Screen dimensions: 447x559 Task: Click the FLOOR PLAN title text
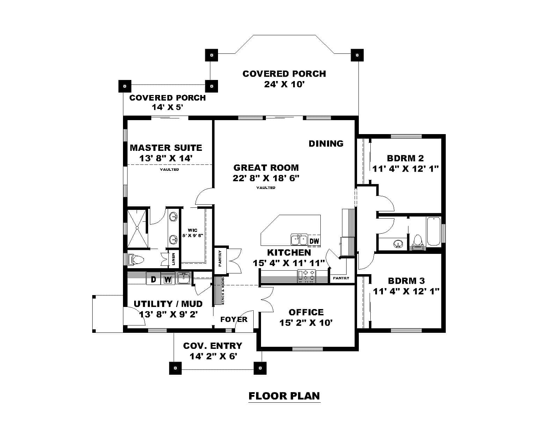pyautogui.click(x=284, y=396)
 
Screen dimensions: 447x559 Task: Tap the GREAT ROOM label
pyautogui.click(x=266, y=168)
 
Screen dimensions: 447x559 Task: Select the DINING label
pyautogui.click(x=326, y=144)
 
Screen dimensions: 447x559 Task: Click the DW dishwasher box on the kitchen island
pyautogui.click(x=314, y=241)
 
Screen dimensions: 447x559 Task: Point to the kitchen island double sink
pyautogui.click(x=299, y=240)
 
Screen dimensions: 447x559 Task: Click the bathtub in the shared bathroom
pyautogui.click(x=434, y=232)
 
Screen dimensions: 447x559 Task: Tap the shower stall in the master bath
pyautogui.click(x=138, y=228)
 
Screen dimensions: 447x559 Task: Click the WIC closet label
pyautogui.click(x=193, y=230)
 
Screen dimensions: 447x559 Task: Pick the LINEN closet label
pyautogui.click(x=174, y=259)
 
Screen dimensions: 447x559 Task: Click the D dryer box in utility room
pyautogui.click(x=153, y=279)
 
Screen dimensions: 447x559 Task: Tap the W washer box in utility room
pyautogui.click(x=168, y=279)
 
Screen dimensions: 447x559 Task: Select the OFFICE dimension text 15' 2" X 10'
pyautogui.click(x=306, y=323)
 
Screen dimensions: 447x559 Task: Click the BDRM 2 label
pyautogui.click(x=405, y=158)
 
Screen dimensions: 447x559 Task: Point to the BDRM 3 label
pyautogui.click(x=406, y=281)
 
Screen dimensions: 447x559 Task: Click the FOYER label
pyautogui.click(x=234, y=320)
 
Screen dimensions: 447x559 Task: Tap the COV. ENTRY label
pyautogui.click(x=212, y=346)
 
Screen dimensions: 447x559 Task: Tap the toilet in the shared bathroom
pyautogui.click(x=417, y=241)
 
